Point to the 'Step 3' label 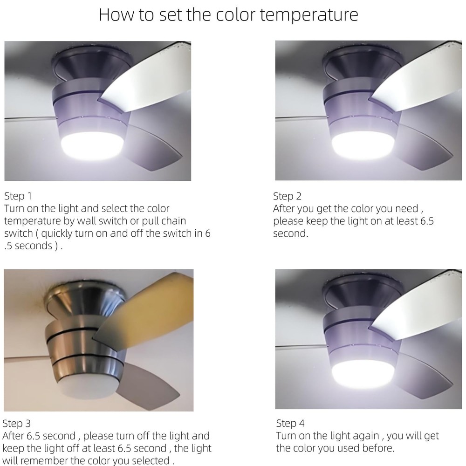17,424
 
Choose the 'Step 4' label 290,424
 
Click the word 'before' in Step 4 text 378,449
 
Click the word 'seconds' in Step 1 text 34,246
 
